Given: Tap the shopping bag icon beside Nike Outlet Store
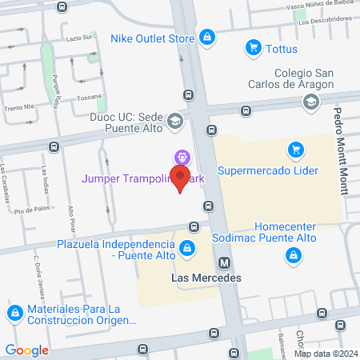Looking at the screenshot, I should (x=206, y=37).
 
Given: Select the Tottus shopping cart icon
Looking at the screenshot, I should (x=254, y=48).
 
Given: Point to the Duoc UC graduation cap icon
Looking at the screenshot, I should (x=175, y=122).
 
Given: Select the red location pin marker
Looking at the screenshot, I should (x=181, y=182).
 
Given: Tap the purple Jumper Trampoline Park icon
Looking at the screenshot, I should (x=182, y=158).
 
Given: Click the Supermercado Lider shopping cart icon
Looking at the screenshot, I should (x=295, y=150).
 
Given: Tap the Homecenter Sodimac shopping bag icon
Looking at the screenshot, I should (x=294, y=255).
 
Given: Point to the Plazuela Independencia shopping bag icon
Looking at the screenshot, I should (x=186, y=248).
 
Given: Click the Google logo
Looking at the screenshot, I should (x=27, y=350).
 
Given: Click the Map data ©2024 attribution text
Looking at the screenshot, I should (x=325, y=354).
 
